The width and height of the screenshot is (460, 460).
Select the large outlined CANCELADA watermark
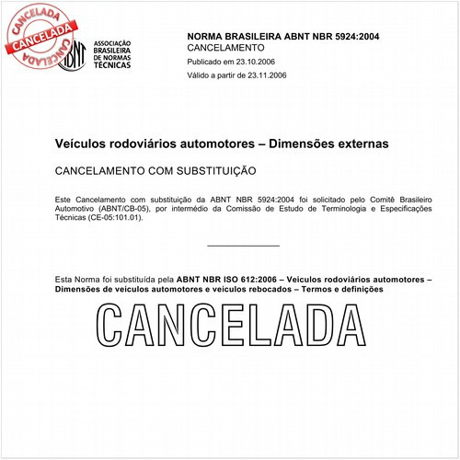tap(229, 326)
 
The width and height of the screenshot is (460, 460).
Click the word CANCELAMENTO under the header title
tap(225, 46)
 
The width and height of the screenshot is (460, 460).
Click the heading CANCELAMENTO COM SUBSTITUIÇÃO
tap(155, 171)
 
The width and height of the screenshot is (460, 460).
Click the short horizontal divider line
tap(243, 246)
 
